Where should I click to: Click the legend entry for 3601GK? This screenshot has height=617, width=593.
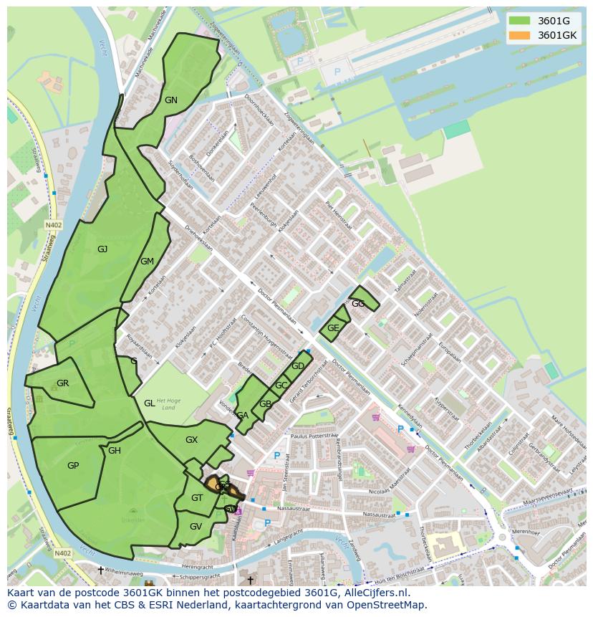click(557, 34)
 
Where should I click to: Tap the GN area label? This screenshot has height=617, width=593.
click(170, 100)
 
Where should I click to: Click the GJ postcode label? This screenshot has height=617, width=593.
click(102, 249)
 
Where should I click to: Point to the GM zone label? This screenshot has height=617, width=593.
click(147, 262)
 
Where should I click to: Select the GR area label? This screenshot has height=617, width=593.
click(62, 383)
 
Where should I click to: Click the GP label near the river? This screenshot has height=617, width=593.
click(72, 466)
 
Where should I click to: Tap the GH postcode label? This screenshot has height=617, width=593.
click(115, 451)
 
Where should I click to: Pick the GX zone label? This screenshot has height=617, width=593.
click(191, 440)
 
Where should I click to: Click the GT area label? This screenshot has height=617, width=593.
click(197, 498)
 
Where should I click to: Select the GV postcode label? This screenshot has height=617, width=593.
click(196, 527)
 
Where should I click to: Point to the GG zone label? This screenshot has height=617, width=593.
click(358, 304)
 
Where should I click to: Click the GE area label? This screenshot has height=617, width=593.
click(333, 328)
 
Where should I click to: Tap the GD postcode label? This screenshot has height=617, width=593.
click(298, 366)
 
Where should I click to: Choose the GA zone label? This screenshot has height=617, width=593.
click(242, 416)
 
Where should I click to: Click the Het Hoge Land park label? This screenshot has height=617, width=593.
click(166, 404)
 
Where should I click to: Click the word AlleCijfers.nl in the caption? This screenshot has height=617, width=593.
click(376, 593)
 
